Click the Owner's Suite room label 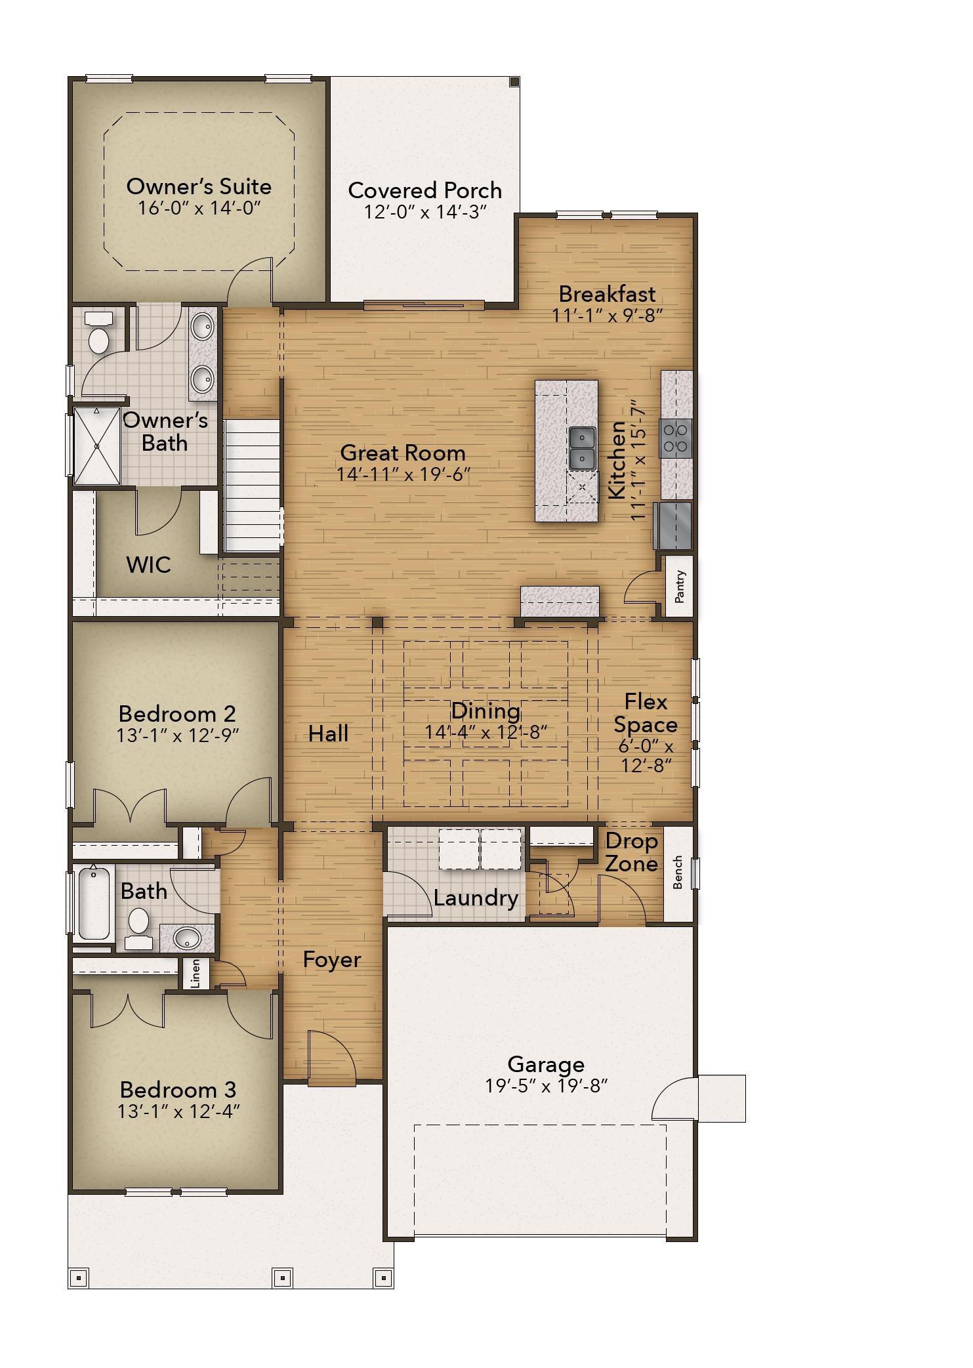(199, 186)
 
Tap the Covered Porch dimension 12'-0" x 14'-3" (425, 212)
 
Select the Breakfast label (607, 293)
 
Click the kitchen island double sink (582, 448)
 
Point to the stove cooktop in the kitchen (676, 438)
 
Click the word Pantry (680, 586)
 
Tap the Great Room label (403, 453)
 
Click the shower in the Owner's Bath (96, 446)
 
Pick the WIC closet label (149, 564)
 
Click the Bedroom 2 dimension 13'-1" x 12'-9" (177, 736)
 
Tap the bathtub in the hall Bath (94, 903)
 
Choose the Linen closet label (195, 974)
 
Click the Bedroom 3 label (178, 1090)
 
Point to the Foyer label (332, 960)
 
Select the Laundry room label (476, 898)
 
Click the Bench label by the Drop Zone (678, 872)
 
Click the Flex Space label (646, 713)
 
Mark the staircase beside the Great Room (253, 486)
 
